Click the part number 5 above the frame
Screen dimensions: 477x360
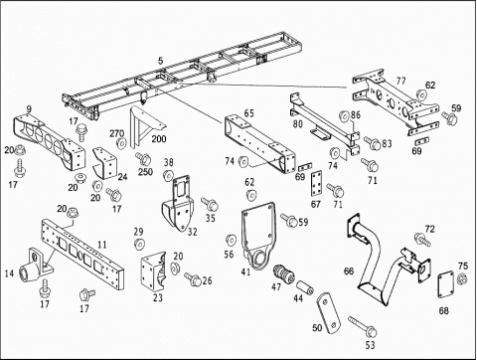point(161,61)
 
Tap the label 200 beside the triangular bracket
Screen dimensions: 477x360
point(159,138)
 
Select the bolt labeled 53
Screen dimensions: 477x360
point(363,326)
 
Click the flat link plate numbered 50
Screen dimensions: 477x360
point(328,313)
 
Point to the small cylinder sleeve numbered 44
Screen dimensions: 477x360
point(305,287)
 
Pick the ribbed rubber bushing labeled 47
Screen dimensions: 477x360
point(283,275)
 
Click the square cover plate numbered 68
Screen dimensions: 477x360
point(446,284)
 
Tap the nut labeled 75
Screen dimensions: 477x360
point(462,278)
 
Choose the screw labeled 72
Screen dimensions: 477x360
point(423,240)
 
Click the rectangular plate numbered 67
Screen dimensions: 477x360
point(317,185)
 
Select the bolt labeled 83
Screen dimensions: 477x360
point(372,142)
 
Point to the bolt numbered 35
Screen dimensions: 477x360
point(210,204)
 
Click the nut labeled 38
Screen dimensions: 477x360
point(168,175)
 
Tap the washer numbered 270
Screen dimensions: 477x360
point(121,142)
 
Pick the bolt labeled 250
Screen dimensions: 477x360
point(143,159)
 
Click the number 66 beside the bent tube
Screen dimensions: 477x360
point(349,271)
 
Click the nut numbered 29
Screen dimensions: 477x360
point(139,245)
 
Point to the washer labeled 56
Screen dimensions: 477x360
point(231,240)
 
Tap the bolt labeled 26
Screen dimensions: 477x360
point(193,279)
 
